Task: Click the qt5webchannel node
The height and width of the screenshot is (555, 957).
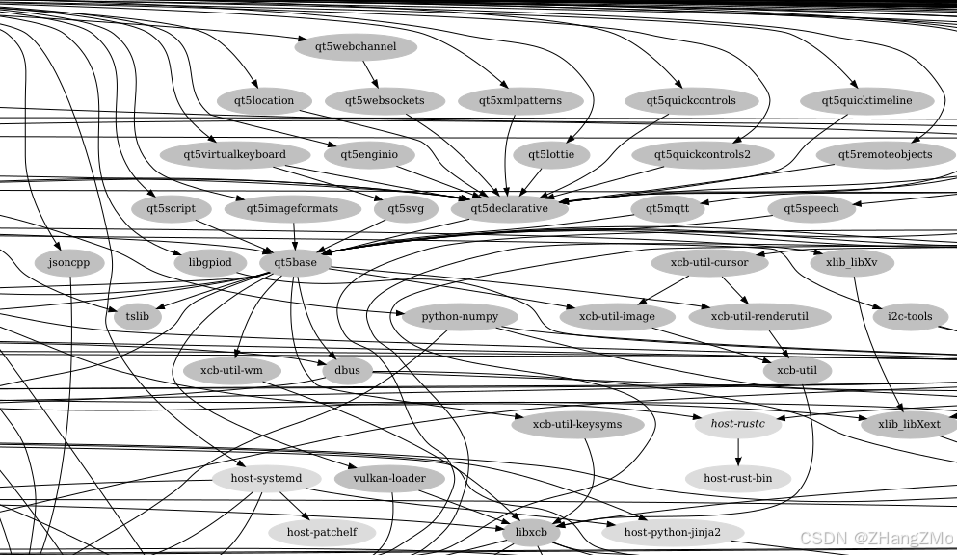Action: click(x=356, y=46)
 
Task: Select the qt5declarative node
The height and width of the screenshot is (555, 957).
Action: click(x=509, y=208)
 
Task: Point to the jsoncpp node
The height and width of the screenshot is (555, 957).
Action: click(x=68, y=263)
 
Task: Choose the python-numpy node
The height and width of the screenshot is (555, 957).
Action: click(x=456, y=316)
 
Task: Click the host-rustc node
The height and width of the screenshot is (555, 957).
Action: click(x=737, y=423)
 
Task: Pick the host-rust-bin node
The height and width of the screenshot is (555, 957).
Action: click(x=737, y=478)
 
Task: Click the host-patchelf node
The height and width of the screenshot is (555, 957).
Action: click(x=322, y=532)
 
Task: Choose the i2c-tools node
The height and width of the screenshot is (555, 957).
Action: click(x=902, y=316)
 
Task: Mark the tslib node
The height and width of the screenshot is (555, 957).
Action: click(x=137, y=316)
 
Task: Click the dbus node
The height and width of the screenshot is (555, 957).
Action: click(x=346, y=370)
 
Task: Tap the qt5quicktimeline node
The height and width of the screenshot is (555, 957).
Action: click(x=868, y=100)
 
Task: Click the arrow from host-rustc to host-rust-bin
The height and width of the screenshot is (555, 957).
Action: click(x=737, y=451)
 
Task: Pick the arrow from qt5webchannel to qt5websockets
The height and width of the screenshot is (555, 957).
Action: click(x=370, y=73)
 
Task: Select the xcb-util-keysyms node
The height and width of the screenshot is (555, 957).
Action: click(x=577, y=424)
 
